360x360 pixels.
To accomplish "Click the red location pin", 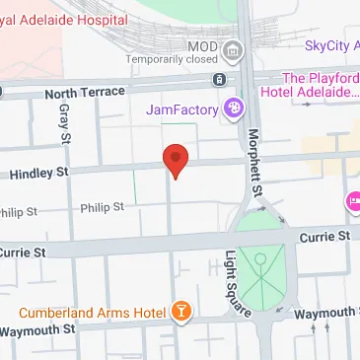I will (175, 160).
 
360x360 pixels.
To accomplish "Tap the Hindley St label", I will (38, 174).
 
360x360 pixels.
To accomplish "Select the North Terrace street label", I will (85, 93).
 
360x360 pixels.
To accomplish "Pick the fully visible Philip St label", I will (102, 207).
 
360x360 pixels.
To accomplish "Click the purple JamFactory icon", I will (234, 108).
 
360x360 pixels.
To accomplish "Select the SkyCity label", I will (331, 43).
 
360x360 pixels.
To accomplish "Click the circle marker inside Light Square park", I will (260, 259).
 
